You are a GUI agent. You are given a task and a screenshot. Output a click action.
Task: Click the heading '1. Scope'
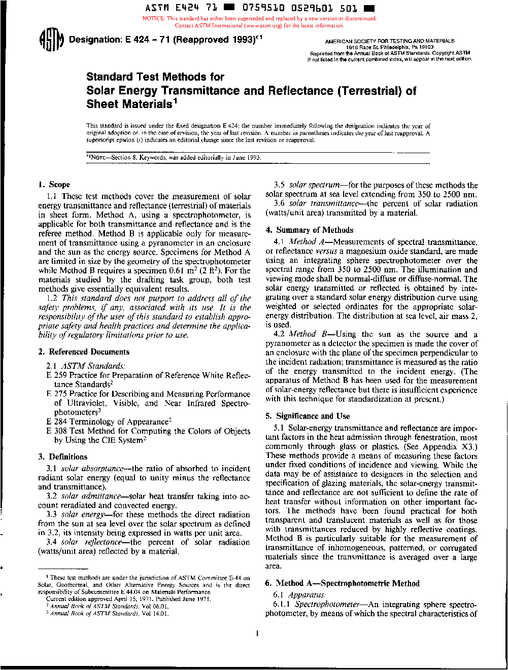point(54,185)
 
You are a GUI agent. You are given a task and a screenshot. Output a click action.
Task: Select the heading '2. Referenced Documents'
point(84,352)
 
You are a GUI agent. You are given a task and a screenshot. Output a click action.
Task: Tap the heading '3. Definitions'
point(62,456)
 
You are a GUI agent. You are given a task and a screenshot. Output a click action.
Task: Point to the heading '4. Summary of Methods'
point(310,230)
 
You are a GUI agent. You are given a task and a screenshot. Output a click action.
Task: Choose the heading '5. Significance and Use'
point(308,416)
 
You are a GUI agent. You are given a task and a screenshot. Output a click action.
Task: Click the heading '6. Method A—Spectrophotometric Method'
point(343,583)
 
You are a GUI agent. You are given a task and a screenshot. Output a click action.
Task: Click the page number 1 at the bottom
point(258,633)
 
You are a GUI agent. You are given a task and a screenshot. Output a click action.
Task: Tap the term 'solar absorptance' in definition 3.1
point(92,469)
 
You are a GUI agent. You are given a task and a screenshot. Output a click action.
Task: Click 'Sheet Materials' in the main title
point(129,104)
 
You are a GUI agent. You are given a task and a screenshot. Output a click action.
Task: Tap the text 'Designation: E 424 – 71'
point(119,40)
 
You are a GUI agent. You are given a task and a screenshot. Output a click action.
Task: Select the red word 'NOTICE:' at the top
point(154,19)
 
